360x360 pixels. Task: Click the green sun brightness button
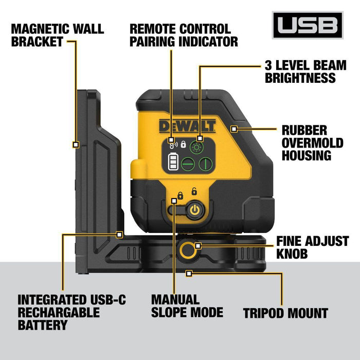tap(196, 147)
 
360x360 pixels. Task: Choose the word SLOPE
tap(168, 312)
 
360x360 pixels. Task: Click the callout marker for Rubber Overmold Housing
tap(235, 128)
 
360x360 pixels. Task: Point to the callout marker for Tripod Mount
tap(189, 273)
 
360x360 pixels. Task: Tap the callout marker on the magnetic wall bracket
tap(76, 145)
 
